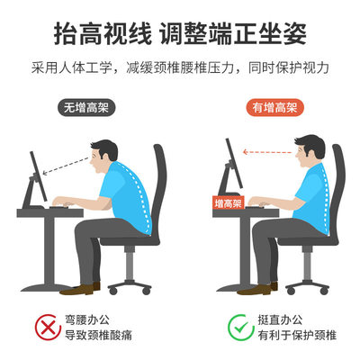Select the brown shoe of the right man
click(262, 288)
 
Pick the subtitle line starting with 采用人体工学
click(180, 68)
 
